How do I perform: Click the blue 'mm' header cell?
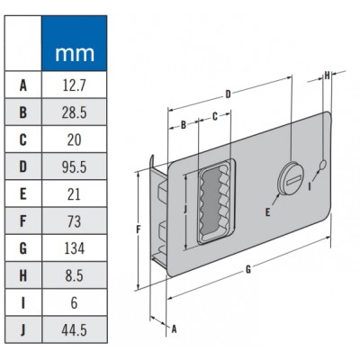point(75,53)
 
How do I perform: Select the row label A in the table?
point(22,86)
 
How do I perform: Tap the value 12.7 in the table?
point(75,86)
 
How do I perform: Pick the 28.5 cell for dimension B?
point(75,113)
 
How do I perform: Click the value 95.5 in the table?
point(75,167)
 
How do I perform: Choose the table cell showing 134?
point(75,248)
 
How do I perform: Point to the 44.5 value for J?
point(75,330)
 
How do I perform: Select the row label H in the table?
point(22,275)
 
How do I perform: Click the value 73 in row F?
point(75,221)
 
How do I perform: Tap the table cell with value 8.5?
point(75,275)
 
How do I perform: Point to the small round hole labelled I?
point(322,164)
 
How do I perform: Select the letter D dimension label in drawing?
point(229,93)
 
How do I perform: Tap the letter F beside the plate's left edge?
point(138,229)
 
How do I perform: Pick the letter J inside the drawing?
point(184,211)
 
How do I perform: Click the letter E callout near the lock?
point(267,211)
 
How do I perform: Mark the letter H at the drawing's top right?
point(327,76)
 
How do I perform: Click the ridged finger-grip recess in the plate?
point(213,202)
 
